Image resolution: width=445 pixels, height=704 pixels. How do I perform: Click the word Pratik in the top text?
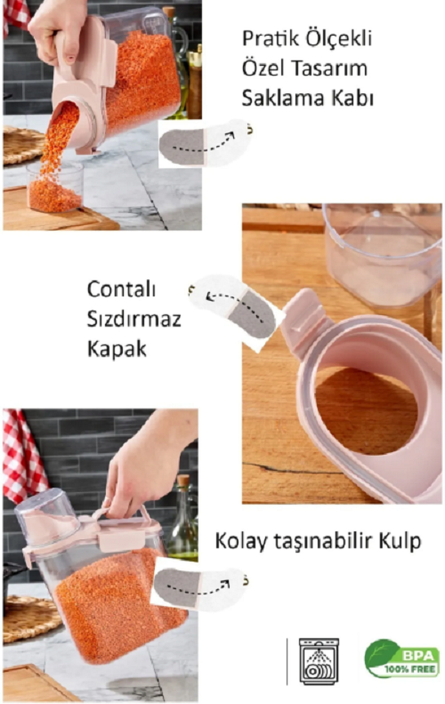pos(270,38)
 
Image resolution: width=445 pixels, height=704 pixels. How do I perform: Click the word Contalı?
pos(121,288)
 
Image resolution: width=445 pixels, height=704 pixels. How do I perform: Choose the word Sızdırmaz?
pos(133,320)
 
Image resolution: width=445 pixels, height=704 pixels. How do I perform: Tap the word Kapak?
pos(117,349)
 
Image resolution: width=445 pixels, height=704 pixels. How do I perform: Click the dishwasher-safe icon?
pos(319,661)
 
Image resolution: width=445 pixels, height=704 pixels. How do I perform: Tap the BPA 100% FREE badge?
pos(402,659)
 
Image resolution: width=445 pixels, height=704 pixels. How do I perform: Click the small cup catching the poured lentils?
pos(55,187)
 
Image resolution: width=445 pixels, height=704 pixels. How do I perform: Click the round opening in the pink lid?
pos(365,409)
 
